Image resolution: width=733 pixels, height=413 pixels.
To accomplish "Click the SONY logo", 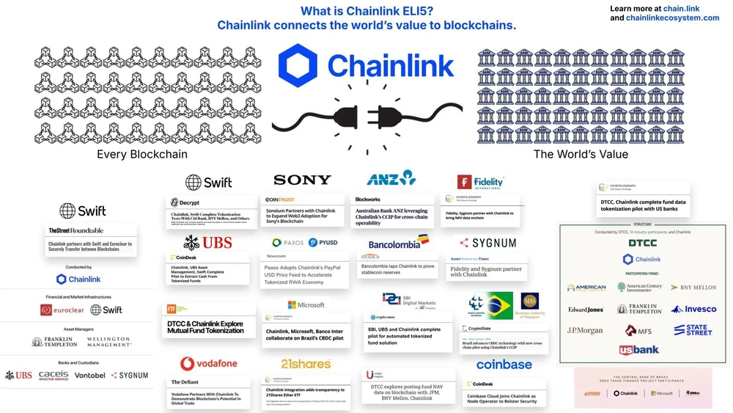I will point(302,180).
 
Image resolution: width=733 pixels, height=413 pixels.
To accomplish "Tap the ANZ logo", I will point(391,178).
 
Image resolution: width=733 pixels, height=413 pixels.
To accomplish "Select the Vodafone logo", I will point(209,364).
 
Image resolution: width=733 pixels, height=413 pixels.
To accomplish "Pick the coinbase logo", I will point(504,365).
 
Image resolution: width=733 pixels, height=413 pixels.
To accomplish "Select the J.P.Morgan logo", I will point(585,330).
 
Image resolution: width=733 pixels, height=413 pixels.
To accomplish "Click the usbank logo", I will point(639,350).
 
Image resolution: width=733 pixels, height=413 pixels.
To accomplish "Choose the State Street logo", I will point(693,330).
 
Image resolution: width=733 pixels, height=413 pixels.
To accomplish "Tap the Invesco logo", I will point(693,309).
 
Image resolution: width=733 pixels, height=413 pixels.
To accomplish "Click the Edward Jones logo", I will point(586,310).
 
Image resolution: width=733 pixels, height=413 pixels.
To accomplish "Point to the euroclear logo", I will point(62,310).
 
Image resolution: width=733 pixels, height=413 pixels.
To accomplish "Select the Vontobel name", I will point(89,375).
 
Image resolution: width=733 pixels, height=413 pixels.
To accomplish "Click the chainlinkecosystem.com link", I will point(672,18).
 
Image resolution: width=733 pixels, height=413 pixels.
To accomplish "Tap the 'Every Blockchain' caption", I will point(142,154).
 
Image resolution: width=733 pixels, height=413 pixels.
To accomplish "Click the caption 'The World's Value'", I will point(581,154).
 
